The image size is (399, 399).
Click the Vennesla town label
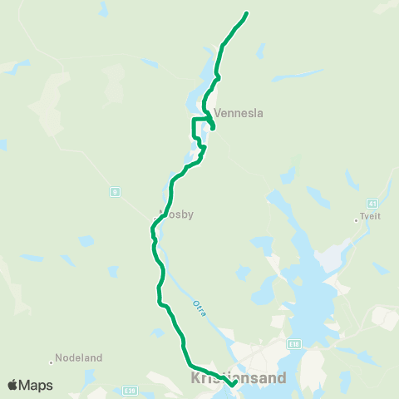pos(238,114)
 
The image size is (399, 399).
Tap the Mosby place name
pos(176,214)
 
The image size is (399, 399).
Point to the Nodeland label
pos(78,358)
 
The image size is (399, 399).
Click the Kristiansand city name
pos(239,378)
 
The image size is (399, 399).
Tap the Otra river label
pos(199,309)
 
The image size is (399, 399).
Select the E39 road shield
pos(128,390)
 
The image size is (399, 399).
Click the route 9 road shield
pos(114,192)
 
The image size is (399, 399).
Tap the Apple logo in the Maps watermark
pos(12,385)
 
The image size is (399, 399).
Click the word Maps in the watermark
pos(36,385)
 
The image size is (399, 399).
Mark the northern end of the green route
pos(247,13)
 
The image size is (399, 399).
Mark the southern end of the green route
pos(234,384)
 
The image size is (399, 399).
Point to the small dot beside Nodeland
pos(52,359)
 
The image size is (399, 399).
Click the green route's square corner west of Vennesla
pos(194,120)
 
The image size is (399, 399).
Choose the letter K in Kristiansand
pos(195,378)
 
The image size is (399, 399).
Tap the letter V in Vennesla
pos(218,114)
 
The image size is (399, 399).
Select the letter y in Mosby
pos(190,215)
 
